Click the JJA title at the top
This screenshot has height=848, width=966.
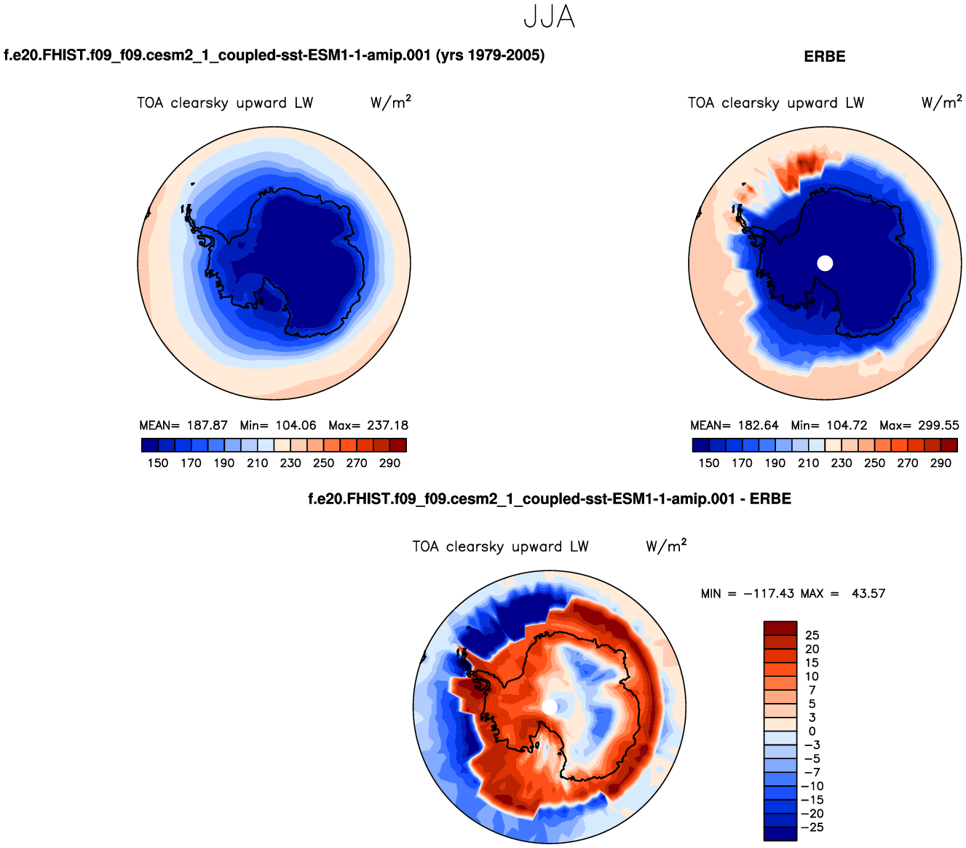(x=550, y=17)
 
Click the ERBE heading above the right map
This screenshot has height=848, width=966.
(x=825, y=57)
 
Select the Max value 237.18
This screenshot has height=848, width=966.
(x=388, y=425)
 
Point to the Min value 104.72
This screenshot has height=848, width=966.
(x=847, y=425)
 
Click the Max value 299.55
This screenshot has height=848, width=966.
(x=939, y=425)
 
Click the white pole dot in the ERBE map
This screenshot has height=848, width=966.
(x=825, y=263)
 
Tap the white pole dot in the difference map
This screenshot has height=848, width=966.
(x=550, y=707)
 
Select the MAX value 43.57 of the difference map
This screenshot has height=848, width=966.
(x=868, y=594)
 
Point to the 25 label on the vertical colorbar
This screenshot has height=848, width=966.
(x=812, y=635)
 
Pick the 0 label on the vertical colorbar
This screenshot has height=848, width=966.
(x=812, y=731)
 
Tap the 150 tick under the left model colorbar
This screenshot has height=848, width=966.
(x=158, y=463)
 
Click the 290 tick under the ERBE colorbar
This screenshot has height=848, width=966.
(x=941, y=463)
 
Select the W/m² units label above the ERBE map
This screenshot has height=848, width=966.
(x=941, y=103)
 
